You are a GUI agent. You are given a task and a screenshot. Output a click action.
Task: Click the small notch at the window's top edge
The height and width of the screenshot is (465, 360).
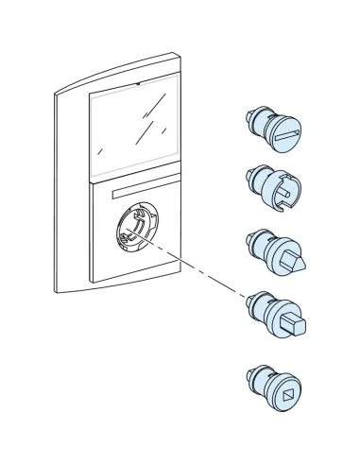click(x=140, y=84)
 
